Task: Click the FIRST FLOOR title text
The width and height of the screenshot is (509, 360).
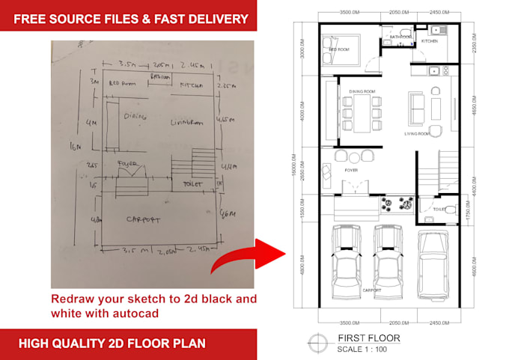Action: coord(369,338)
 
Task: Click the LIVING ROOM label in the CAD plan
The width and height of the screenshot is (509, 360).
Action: coord(418,134)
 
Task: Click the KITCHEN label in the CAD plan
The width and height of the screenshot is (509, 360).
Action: coord(429,41)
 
